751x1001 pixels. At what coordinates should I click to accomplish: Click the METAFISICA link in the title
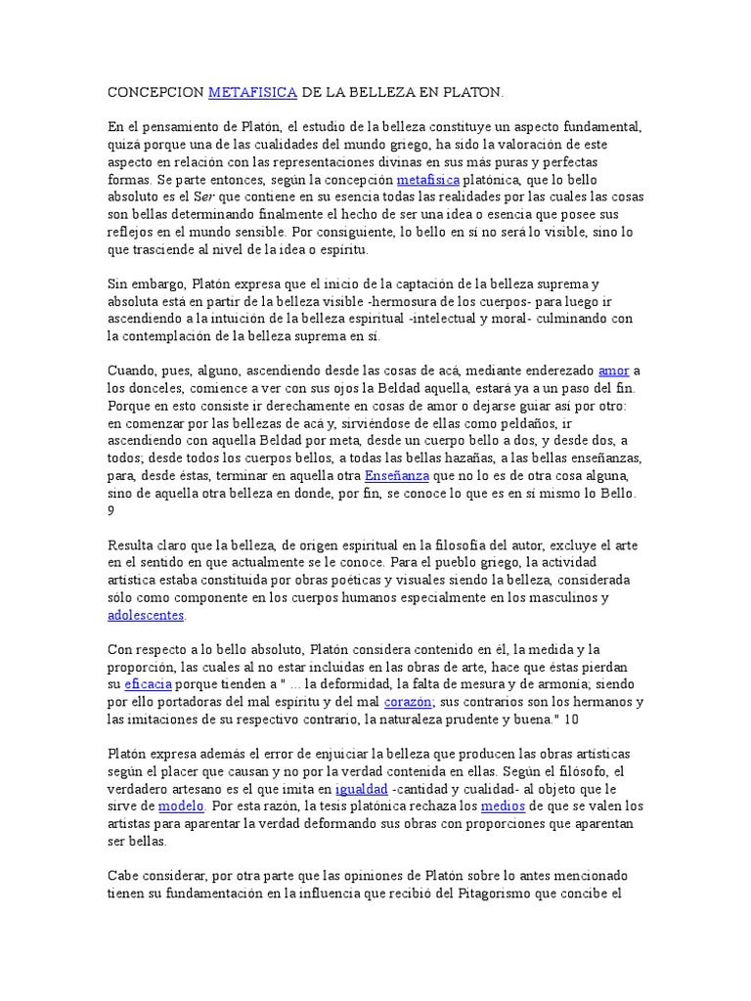coord(252,93)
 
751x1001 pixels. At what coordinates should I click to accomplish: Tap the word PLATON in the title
coord(473,93)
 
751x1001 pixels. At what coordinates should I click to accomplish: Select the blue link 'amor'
coord(613,371)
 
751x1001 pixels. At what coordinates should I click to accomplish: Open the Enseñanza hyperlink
coord(396,476)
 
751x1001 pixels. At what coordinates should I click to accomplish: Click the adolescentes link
coord(146,616)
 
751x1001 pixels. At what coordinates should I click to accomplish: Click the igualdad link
coord(362,789)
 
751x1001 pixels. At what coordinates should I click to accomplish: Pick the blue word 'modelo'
coord(181,806)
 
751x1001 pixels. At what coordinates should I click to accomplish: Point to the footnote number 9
coord(110,511)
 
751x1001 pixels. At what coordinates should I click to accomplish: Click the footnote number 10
coord(571,720)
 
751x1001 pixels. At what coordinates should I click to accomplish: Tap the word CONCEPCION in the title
coord(154,93)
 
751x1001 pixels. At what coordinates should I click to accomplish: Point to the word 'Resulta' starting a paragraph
coord(131,546)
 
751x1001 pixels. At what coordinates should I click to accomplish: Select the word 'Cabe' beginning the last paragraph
coord(122,876)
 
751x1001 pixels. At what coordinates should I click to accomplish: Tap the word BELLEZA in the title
coord(377,93)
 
